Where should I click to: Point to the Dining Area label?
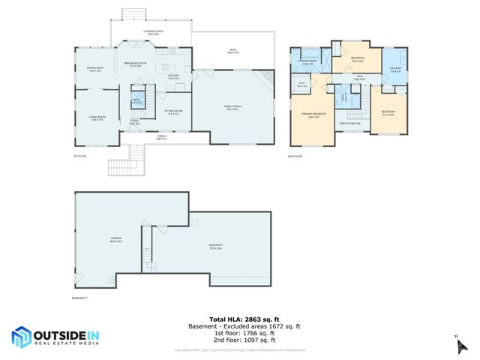click(95, 70)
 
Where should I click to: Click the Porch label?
click(161, 137)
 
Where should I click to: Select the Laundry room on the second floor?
click(395, 70)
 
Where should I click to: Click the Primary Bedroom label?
click(310, 115)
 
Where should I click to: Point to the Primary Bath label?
click(307, 63)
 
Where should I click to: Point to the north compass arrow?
click(457, 343)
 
